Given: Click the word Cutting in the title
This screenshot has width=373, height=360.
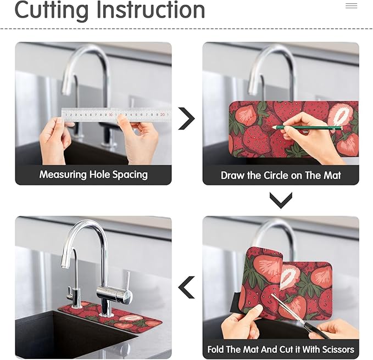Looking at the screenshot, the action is [52, 10].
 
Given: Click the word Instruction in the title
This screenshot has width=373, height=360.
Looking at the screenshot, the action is [151, 10].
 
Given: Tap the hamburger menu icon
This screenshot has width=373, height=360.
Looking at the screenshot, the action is [352, 5].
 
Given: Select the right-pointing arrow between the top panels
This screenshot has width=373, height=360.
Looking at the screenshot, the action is [187, 119].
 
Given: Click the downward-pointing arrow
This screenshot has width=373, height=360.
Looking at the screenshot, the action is [281, 200].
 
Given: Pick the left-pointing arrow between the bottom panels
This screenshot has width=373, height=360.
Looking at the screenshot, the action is [187, 288].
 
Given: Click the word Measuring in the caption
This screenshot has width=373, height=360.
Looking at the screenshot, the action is [63, 175].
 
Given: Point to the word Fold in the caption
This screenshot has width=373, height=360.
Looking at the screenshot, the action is [216, 350].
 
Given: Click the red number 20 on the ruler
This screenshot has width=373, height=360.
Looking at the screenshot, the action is [163, 115].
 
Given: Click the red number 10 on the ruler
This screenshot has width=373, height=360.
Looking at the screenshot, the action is [110, 115].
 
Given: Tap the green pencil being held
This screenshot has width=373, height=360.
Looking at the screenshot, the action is [307, 128].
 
